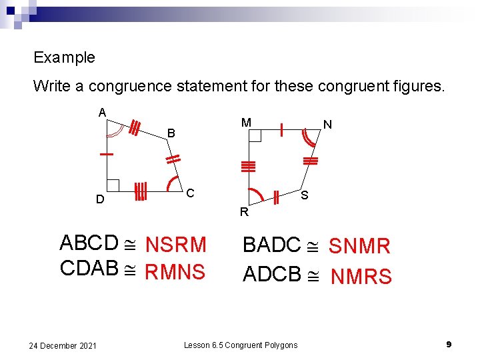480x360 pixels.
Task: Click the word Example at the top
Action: pyautogui.click(x=64, y=57)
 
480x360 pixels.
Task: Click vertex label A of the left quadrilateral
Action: pyautogui.click(x=103, y=112)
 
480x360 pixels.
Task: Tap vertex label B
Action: pyautogui.click(x=171, y=133)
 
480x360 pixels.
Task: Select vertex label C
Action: pyautogui.click(x=190, y=193)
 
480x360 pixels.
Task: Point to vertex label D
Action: pyautogui.click(x=99, y=199)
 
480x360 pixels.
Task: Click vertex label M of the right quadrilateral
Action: pyautogui.click(x=246, y=123)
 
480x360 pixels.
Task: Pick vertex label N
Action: pyautogui.click(x=327, y=125)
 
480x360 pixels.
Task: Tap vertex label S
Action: pyautogui.click(x=304, y=196)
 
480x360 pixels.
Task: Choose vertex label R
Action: pyautogui.click(x=244, y=213)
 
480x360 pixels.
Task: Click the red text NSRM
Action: pyautogui.click(x=176, y=245)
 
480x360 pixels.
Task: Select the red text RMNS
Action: pyautogui.click(x=175, y=271)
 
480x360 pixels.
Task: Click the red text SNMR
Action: pyautogui.click(x=359, y=246)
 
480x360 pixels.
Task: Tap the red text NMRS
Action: pyautogui.click(x=361, y=276)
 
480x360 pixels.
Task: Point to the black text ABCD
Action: pyautogui.click(x=89, y=243)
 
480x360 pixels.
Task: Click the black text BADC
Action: pyautogui.click(x=272, y=245)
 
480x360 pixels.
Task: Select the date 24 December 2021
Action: pyautogui.click(x=63, y=345)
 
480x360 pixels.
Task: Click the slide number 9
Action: pyautogui.click(x=449, y=344)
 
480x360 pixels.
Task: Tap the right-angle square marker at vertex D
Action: pyautogui.click(x=113, y=185)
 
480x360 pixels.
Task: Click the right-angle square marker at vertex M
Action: pyautogui.click(x=255, y=136)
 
